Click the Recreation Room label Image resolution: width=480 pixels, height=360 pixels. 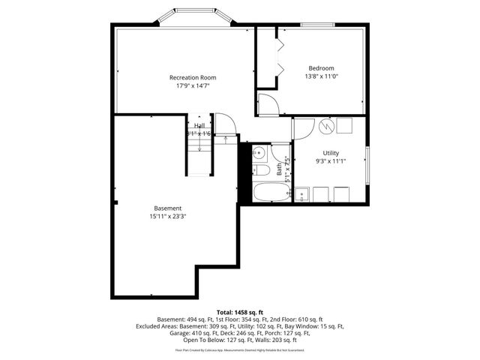point(193,77)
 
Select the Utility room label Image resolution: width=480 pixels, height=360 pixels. point(331,153)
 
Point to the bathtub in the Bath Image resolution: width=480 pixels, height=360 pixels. point(270,193)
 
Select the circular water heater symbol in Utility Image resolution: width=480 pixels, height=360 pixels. point(326,126)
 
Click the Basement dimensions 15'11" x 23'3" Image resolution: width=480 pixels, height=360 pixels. point(168,217)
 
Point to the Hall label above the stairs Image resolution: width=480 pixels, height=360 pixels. point(199,126)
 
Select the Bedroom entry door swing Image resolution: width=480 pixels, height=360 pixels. point(268,103)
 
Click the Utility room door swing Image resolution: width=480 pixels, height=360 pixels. point(304,128)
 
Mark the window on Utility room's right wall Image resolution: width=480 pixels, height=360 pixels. point(367,165)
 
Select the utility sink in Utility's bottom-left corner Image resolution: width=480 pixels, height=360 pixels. point(304,195)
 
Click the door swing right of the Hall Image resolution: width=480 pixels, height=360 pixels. point(225,124)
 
